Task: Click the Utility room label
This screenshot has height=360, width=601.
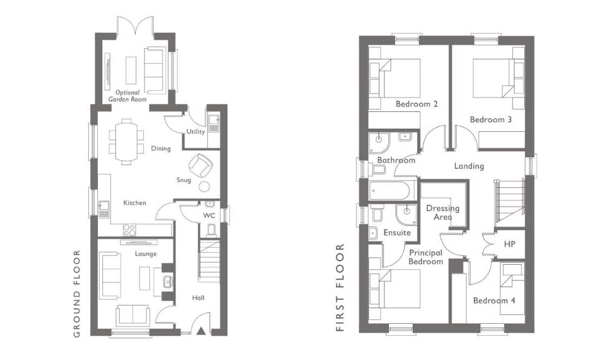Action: (195, 132)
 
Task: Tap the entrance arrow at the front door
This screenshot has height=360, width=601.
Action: (201, 331)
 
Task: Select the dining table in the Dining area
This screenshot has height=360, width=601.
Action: (126, 142)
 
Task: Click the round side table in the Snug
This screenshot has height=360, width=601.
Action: (204, 186)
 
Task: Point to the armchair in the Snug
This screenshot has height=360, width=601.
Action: (201, 165)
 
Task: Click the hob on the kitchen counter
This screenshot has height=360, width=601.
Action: (129, 230)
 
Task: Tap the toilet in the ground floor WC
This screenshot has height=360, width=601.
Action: (210, 230)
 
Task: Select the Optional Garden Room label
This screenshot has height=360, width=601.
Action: (127, 96)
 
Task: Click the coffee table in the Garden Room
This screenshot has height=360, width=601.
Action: (131, 70)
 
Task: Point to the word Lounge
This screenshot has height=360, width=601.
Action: (146, 254)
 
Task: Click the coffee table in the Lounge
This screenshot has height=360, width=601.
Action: (144, 278)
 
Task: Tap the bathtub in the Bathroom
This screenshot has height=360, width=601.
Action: (393, 191)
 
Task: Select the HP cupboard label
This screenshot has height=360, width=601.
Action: (510, 244)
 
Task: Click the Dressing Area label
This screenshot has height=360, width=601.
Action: (443, 212)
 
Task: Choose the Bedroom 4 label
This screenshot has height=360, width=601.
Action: (494, 301)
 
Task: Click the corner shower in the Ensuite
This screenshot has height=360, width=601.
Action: (407, 215)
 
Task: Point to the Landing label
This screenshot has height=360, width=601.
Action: (469, 166)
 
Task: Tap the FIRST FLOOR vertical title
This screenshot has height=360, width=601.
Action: (340, 287)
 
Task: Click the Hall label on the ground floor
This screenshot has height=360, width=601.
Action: (198, 298)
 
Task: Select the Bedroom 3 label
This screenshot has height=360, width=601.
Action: (491, 119)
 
